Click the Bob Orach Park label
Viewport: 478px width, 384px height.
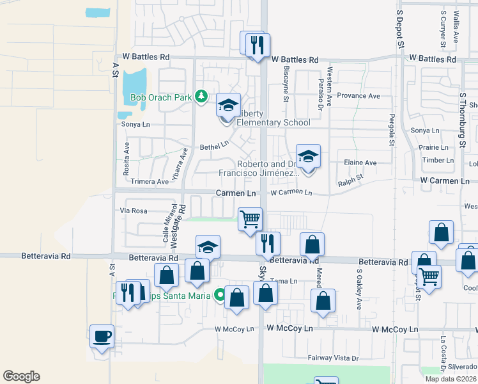point(162,99)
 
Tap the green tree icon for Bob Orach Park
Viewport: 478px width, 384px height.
point(202,96)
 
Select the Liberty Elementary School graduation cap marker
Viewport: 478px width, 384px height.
point(228,105)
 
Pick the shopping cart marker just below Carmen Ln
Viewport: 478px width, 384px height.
point(250,219)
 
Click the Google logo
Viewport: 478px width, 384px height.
point(21,376)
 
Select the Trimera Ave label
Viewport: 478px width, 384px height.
point(150,182)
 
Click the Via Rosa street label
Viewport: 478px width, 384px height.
point(134,211)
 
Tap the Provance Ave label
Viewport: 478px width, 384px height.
point(358,96)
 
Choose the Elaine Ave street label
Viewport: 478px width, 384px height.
point(360,163)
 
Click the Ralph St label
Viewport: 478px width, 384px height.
point(351,179)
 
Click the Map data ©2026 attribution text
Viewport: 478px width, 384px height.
point(451,379)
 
